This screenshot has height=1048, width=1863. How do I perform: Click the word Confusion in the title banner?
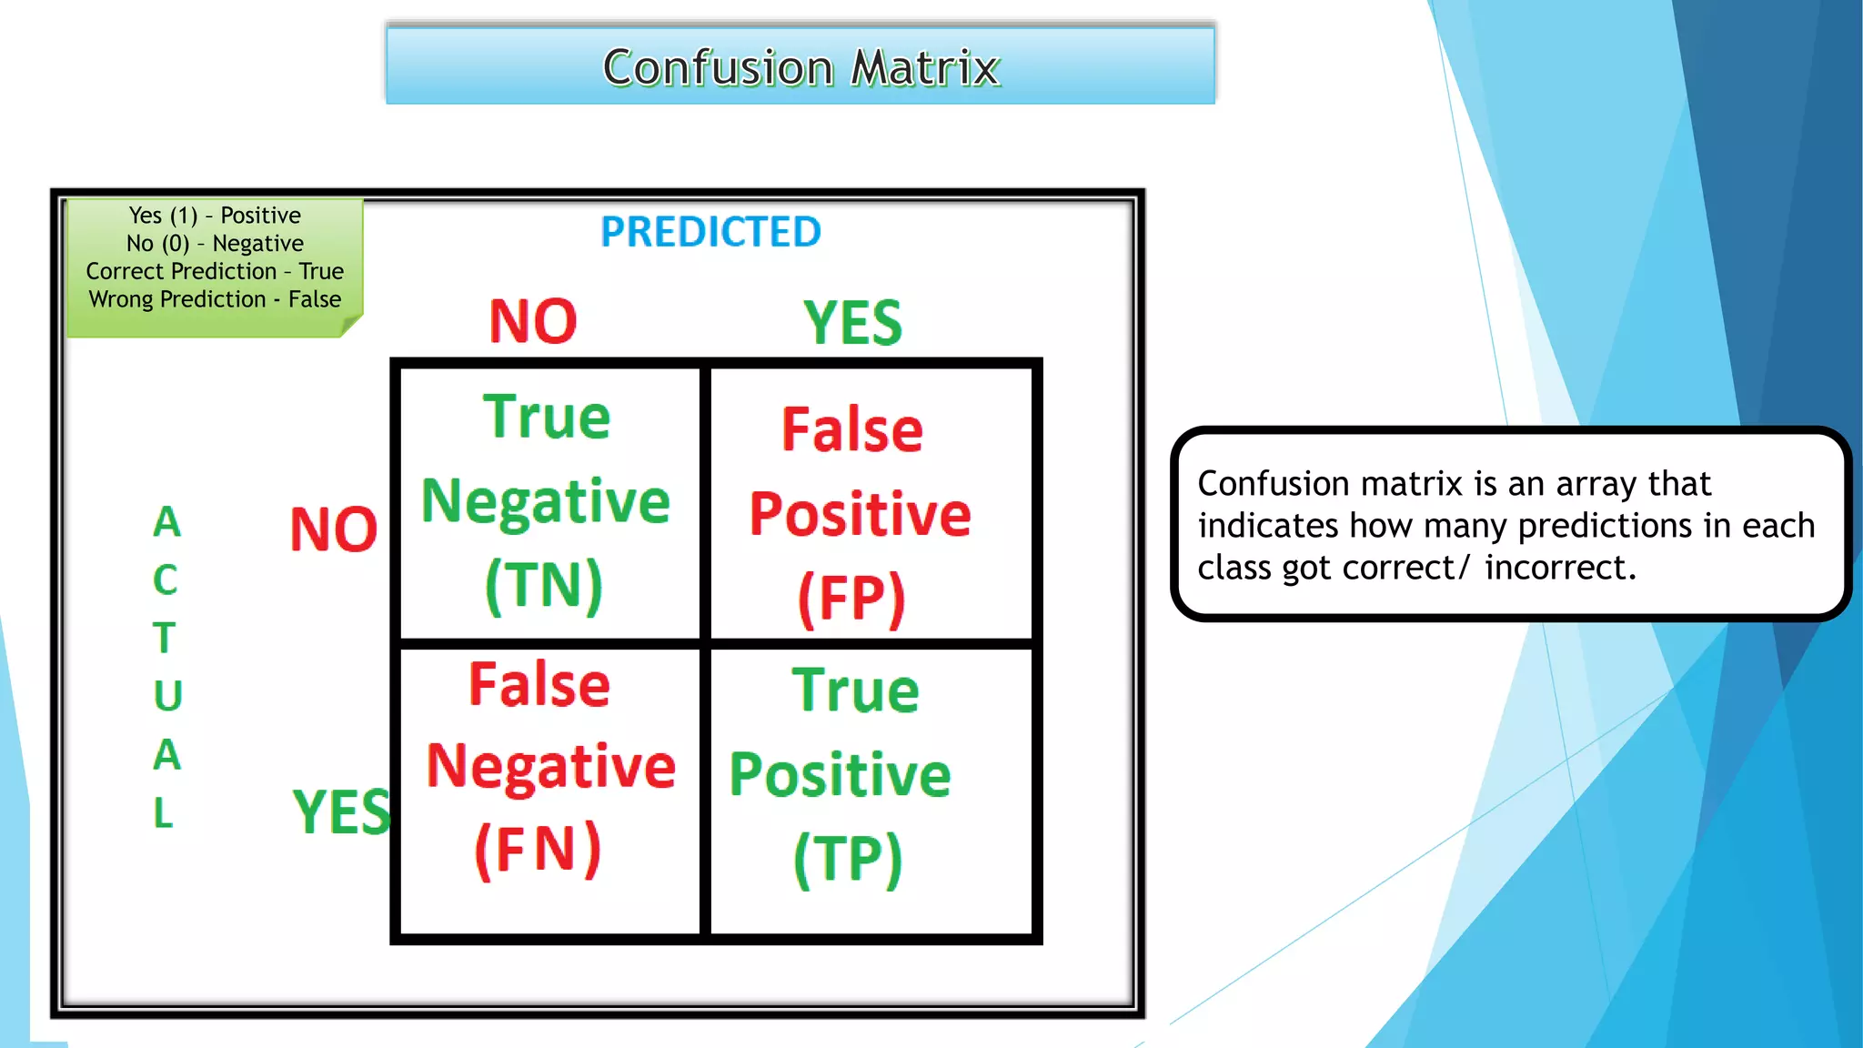coord(718,68)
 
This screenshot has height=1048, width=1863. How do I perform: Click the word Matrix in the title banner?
coord(925,68)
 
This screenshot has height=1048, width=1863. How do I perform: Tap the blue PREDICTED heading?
coord(710,232)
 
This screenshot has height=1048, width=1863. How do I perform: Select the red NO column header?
coord(533,321)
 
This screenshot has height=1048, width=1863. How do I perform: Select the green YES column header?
coord(852,323)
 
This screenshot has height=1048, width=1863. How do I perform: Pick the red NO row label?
coord(333,529)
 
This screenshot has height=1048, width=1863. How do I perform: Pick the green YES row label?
coord(341,811)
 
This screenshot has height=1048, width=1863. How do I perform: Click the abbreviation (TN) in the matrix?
coord(544,585)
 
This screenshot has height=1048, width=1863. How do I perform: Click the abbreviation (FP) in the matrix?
coord(851,599)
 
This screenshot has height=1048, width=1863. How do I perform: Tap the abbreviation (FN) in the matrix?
coord(538,850)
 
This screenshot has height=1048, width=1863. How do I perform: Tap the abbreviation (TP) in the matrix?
coord(848,859)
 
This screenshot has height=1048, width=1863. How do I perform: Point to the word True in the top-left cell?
coord(546,418)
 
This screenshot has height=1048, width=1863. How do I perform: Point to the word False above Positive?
coord(852,429)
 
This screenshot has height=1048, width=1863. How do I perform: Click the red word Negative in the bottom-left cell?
coord(550,766)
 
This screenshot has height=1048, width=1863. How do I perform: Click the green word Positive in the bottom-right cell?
coord(840,775)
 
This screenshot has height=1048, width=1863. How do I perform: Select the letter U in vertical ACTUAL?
coord(167,696)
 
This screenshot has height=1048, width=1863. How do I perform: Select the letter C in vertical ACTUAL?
coord(165,580)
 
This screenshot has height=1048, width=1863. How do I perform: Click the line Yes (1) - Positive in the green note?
coord(215,216)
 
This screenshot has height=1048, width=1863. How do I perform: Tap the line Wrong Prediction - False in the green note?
coord(215,299)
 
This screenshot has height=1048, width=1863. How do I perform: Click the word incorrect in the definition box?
coord(1559,568)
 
